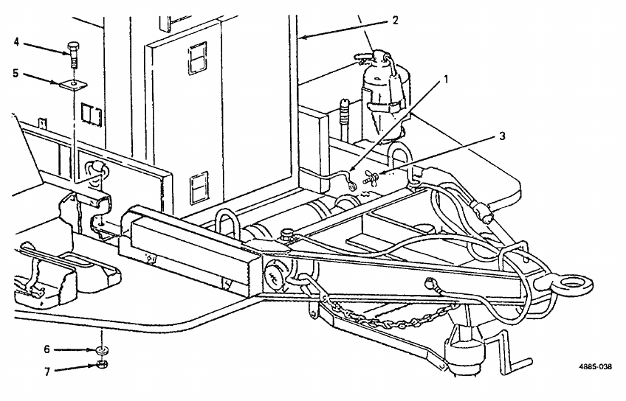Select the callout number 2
(395, 20)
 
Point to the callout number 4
(16, 41)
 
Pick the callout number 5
(16, 74)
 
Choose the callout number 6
(47, 349)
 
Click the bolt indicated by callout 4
(72, 52)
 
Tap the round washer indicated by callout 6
(100, 350)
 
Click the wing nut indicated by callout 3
(371, 177)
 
